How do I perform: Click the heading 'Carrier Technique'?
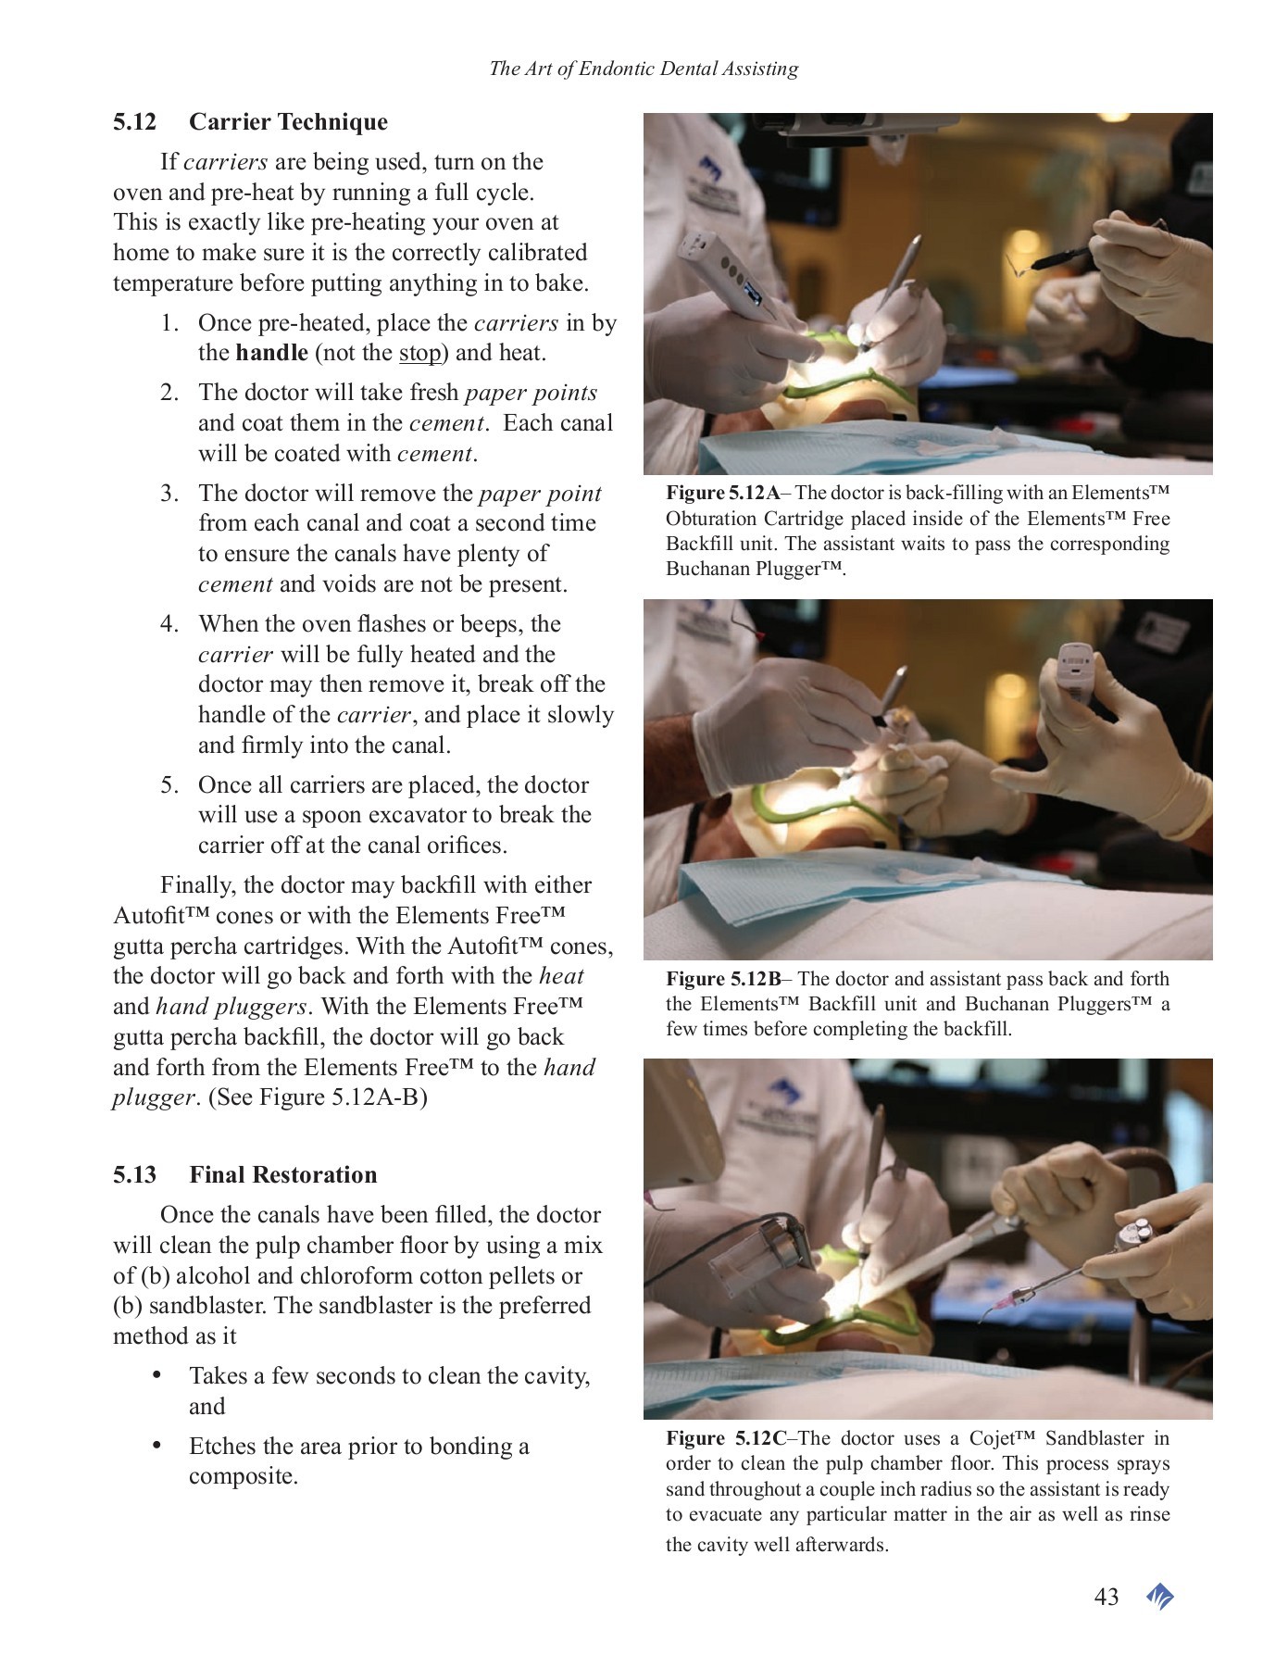coord(288,122)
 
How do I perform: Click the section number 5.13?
coord(134,1175)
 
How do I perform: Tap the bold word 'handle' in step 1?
coord(271,353)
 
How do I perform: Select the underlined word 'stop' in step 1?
coord(419,353)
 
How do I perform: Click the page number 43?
coord(1106,1597)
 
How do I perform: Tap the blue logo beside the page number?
coord(1159,1597)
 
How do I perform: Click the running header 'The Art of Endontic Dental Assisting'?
coord(643,69)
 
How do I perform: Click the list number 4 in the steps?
coord(169,624)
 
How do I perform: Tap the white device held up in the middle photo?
coord(1077,674)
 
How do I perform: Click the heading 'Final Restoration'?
coord(282,1175)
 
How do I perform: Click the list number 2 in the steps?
coord(169,393)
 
